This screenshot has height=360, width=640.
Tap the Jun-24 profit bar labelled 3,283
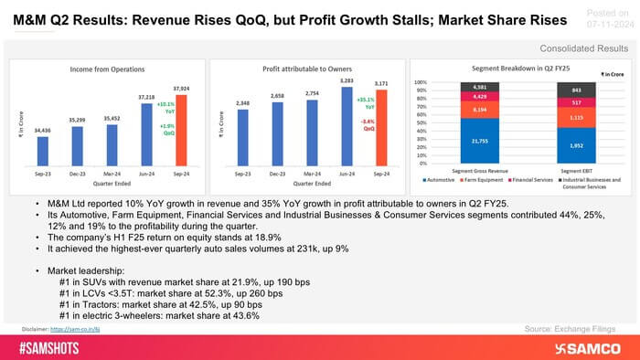point(347,127)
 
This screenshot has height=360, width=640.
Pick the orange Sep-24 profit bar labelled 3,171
point(380,129)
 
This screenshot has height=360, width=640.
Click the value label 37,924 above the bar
point(181,89)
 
